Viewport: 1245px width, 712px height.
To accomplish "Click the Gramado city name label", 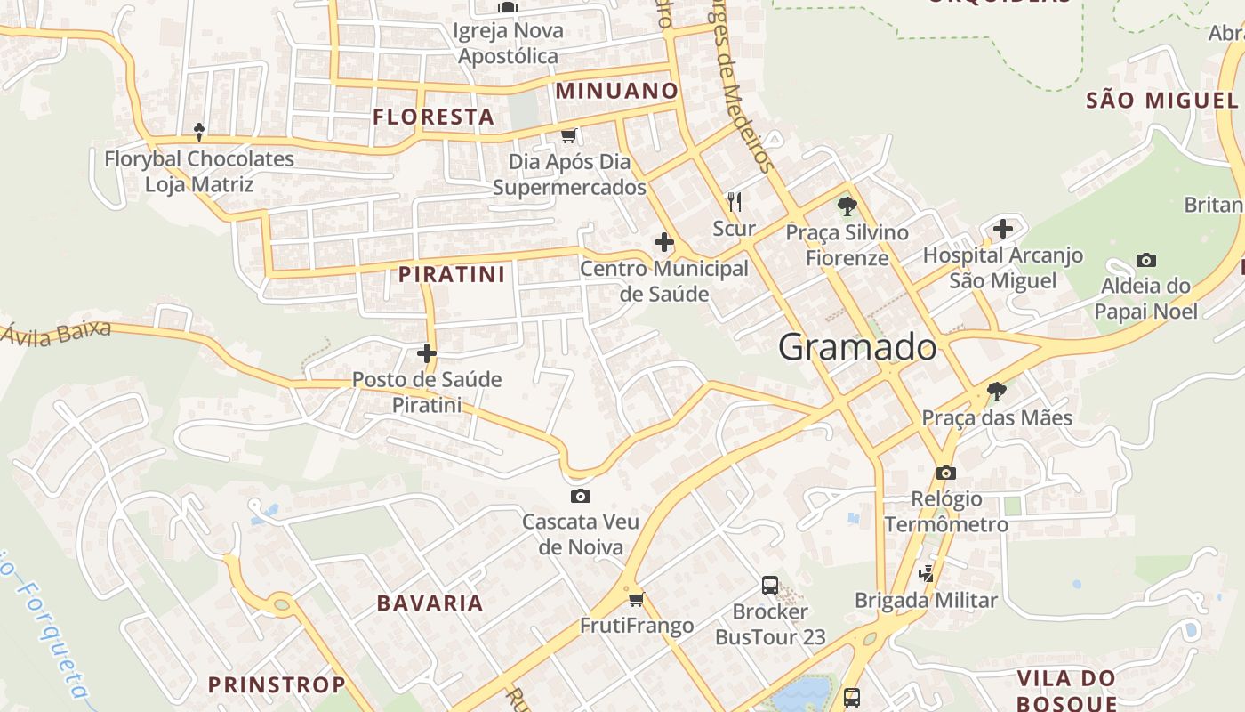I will (x=857, y=347).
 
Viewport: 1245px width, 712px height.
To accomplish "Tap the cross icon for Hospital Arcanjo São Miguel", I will (x=1003, y=229).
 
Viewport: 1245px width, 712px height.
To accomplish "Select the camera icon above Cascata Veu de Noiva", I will (x=581, y=496).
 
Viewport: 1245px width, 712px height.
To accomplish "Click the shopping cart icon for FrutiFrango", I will (x=636, y=599).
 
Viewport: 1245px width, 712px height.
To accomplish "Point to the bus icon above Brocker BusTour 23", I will (x=770, y=586).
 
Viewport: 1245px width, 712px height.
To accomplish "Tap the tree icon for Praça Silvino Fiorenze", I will (x=847, y=206).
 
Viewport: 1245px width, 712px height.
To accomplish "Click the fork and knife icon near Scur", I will (x=734, y=202).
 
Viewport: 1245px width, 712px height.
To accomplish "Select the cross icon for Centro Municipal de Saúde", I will (x=663, y=242).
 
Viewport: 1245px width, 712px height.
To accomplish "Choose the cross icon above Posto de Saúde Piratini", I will (x=427, y=353).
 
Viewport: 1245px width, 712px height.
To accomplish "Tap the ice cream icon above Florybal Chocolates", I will (x=199, y=133).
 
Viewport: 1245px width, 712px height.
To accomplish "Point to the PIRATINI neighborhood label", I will (x=452, y=274).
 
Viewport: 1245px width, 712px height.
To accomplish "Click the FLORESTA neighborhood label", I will (x=433, y=117).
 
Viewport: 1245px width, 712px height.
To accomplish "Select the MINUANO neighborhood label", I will (x=617, y=91).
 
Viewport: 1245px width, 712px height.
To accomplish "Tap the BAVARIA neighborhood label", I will (x=430, y=603).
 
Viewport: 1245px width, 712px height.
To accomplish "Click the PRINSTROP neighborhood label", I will (x=277, y=684).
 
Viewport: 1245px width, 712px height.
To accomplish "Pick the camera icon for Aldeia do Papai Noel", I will (x=1146, y=261).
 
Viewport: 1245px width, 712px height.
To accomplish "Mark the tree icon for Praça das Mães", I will (x=997, y=391).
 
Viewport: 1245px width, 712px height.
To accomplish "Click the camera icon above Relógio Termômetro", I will (x=946, y=473).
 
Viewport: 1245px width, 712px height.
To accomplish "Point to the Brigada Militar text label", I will (x=926, y=601).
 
